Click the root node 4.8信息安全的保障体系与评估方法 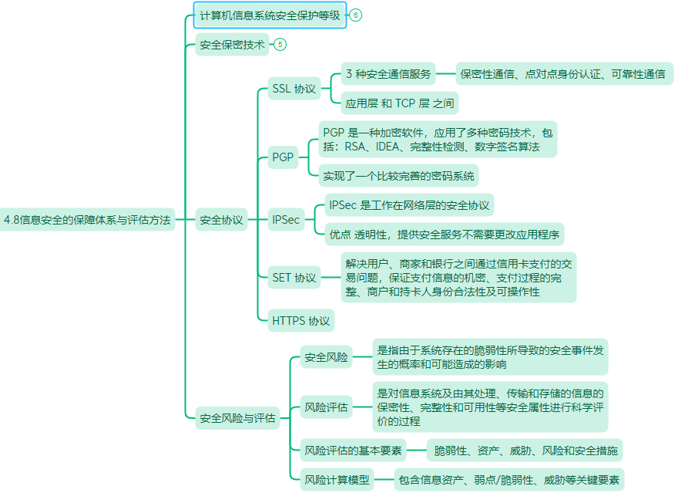coord(87,219)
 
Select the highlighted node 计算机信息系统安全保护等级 coord(270,15)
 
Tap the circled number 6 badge coord(355,15)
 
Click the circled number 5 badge coord(280,44)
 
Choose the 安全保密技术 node coord(232,44)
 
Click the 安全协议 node coord(221,219)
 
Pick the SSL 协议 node coord(294,88)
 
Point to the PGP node coord(283,157)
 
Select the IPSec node coord(286,219)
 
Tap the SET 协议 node coord(294,277)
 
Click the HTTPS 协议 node coord(301,320)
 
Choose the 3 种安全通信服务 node coord(388,73)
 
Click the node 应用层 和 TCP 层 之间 coord(400,103)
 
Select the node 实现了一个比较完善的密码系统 coord(398,175)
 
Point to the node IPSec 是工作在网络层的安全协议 coord(409,204)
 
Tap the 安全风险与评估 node coord(237,417)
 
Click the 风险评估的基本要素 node coord(354,451)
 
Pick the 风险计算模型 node coord(337,479)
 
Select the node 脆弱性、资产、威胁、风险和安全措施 coord(525,451)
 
